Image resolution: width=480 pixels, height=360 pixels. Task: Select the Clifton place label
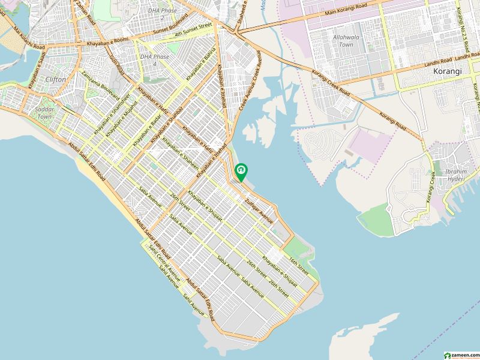click(56, 79)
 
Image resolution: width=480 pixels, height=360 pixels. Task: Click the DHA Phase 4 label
click(148, 60)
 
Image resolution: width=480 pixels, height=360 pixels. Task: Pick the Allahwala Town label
click(343, 41)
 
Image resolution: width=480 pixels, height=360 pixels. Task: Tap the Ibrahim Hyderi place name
click(456, 175)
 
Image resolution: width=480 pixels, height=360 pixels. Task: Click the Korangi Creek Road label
click(331, 82)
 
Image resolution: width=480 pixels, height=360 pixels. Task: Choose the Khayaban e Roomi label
click(106, 39)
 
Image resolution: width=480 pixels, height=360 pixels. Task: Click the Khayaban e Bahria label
click(200, 67)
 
